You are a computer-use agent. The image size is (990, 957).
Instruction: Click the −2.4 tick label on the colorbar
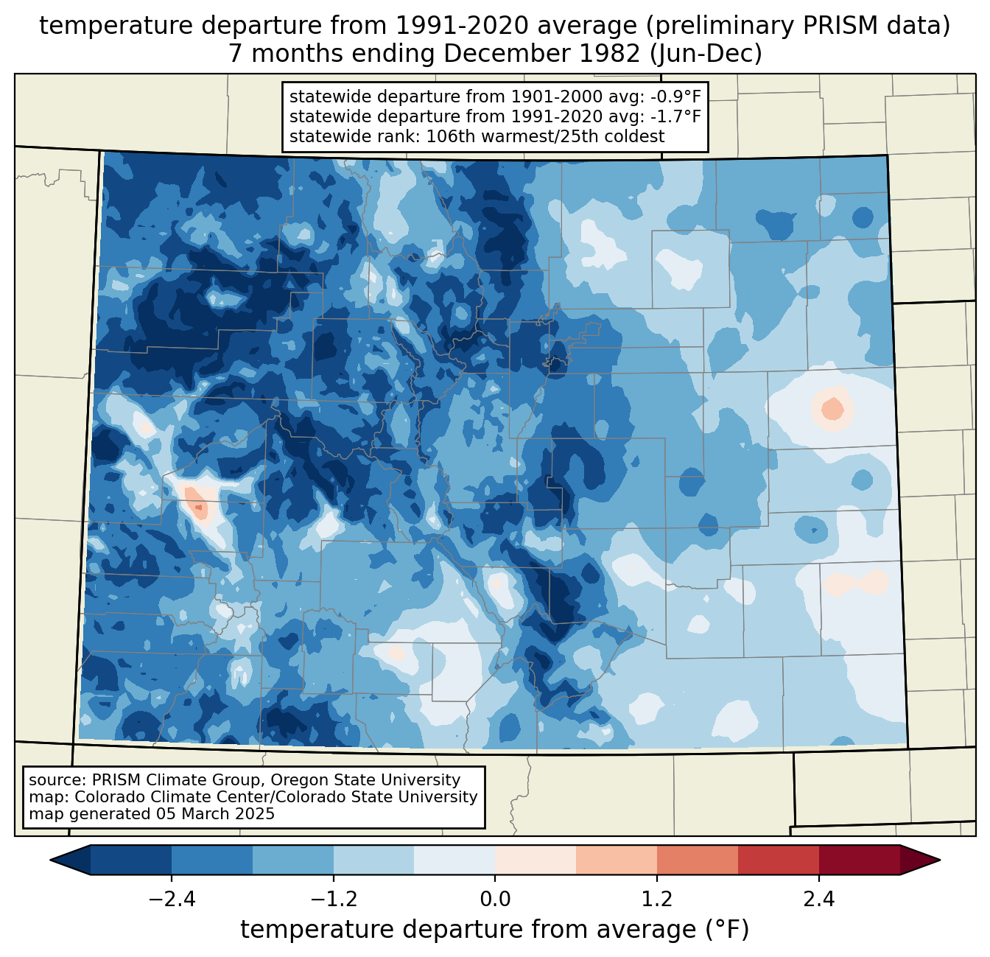172,900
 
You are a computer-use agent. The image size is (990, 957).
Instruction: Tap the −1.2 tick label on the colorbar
334,900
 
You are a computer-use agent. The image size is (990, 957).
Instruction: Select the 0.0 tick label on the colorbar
495,900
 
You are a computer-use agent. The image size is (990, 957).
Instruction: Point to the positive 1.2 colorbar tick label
657,900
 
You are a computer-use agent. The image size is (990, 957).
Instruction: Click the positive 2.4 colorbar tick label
818,900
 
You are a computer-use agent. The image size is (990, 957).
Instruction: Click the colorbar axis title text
495,930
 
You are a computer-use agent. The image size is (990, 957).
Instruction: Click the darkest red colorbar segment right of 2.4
859,860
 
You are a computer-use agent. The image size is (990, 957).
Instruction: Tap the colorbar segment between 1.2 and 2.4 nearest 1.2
697,860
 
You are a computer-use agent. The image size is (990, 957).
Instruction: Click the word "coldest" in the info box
634,136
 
